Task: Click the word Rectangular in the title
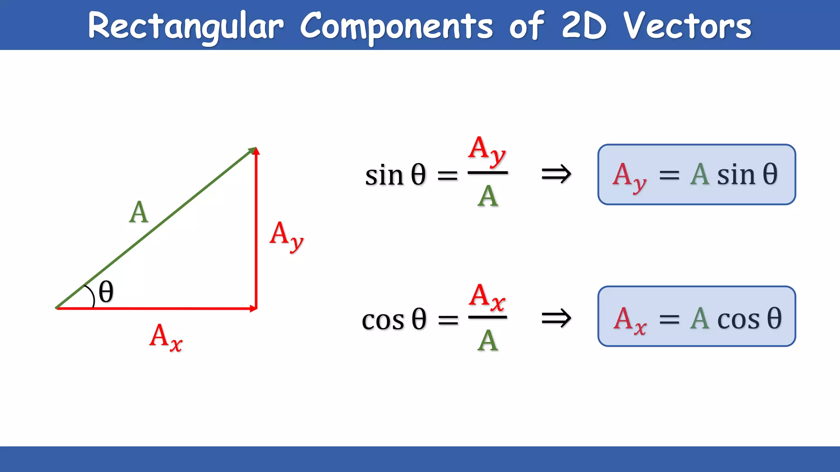pyautogui.click(x=185, y=26)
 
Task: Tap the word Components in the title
pyautogui.click(x=396, y=26)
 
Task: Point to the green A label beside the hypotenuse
pyautogui.click(x=139, y=212)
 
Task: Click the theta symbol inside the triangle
pyautogui.click(x=106, y=292)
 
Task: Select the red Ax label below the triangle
pyautogui.click(x=165, y=338)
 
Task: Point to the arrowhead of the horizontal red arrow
pyautogui.click(x=253, y=309)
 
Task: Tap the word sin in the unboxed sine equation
pyautogui.click(x=384, y=175)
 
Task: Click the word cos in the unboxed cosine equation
pyautogui.click(x=383, y=320)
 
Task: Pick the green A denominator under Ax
pyautogui.click(x=488, y=341)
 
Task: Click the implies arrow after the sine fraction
pyautogui.click(x=556, y=174)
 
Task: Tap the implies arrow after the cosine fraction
pyautogui.click(x=556, y=318)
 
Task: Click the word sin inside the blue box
pyautogui.click(x=736, y=175)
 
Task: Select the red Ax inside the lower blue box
pyautogui.click(x=630, y=320)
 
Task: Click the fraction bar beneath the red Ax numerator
pyautogui.click(x=488, y=317)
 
